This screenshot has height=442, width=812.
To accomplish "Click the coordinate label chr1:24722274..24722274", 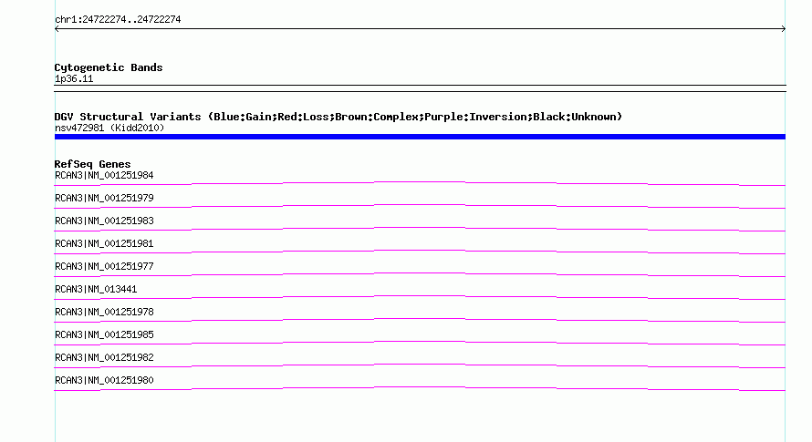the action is (x=118, y=20).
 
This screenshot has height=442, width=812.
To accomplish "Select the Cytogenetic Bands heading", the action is (x=109, y=67).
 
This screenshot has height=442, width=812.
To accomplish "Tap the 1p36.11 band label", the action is (x=74, y=78).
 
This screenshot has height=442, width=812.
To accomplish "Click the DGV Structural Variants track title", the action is (x=338, y=117).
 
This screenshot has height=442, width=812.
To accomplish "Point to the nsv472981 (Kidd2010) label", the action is (x=109, y=128).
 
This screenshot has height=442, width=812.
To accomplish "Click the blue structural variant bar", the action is (x=420, y=137).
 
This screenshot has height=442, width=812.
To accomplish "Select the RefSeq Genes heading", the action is (x=92, y=164).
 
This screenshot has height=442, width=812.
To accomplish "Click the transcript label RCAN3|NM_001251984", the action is (x=104, y=176).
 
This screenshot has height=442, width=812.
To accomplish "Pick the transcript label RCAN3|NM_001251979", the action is (x=104, y=199).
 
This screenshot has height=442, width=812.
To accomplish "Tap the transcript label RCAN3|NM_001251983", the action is (x=104, y=221).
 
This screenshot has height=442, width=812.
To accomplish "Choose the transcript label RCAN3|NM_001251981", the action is (x=104, y=243).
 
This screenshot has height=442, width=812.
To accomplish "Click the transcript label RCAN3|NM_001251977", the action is (x=104, y=266).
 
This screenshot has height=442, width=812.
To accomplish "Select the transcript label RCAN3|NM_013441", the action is (x=96, y=289).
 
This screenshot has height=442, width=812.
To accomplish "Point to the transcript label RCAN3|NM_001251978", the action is (x=104, y=312).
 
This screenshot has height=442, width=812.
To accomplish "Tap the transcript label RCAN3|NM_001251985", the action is (x=104, y=334).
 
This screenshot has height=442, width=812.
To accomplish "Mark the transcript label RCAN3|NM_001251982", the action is (x=104, y=357).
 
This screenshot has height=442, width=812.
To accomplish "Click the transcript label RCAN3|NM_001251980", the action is (x=104, y=380).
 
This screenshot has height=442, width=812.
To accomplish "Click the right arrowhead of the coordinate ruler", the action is (x=785, y=29).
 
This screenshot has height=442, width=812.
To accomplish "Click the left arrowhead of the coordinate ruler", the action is (x=56, y=29).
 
